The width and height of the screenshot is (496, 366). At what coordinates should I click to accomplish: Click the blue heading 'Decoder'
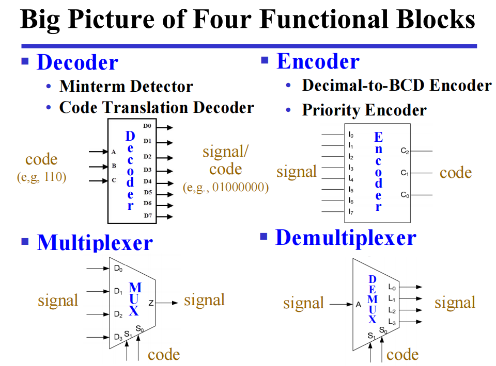pyautogui.click(x=78, y=62)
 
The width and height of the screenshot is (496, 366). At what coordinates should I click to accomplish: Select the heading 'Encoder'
pyautogui.click(x=318, y=61)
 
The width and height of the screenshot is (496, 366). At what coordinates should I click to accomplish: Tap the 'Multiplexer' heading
pyautogui.click(x=95, y=242)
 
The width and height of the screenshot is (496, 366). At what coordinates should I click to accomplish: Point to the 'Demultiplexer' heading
pyautogui.click(x=346, y=238)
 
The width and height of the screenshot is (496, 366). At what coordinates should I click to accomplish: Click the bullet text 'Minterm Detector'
pyautogui.click(x=126, y=86)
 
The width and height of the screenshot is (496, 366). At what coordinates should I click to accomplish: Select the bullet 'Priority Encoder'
pyautogui.click(x=364, y=110)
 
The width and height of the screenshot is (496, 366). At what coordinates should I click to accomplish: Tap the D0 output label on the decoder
pyautogui.click(x=148, y=126)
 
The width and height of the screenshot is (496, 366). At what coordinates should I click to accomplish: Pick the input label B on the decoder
pyautogui.click(x=114, y=167)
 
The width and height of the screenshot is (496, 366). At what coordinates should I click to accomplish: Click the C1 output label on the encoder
pyautogui.click(x=405, y=173)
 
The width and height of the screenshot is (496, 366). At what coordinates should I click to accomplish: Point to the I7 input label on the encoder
pyautogui.click(x=351, y=211)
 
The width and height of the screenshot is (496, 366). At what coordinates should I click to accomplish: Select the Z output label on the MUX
pyautogui.click(x=151, y=303)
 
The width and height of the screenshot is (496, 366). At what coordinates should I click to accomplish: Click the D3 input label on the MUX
pyautogui.click(x=118, y=337)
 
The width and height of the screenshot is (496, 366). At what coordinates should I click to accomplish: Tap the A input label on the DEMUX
pyautogui.click(x=358, y=305)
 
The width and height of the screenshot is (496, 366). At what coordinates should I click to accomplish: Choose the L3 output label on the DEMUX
pyautogui.click(x=391, y=322)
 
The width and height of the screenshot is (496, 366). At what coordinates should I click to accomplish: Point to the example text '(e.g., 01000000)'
pyautogui.click(x=226, y=188)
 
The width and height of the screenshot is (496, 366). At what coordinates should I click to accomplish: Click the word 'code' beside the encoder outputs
pyautogui.click(x=455, y=173)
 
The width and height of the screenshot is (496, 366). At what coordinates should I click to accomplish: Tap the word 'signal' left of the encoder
pyautogui.click(x=296, y=171)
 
